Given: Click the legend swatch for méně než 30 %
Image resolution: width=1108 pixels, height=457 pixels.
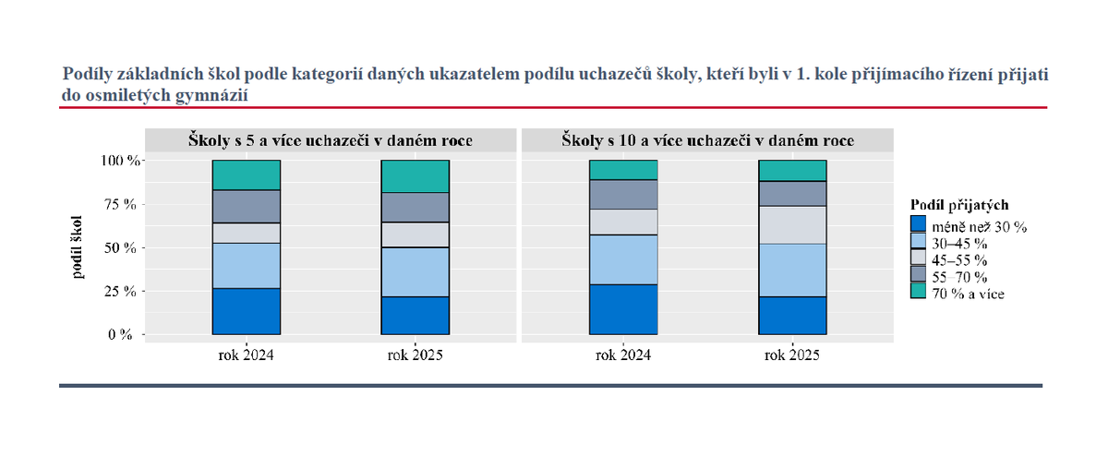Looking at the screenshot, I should [x=917, y=224].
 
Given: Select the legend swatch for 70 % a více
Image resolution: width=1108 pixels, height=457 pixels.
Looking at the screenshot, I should [x=917, y=292].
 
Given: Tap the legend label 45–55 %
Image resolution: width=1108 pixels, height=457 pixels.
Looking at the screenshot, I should [x=959, y=259].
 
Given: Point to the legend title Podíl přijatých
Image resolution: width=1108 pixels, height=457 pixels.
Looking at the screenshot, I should [x=958, y=204].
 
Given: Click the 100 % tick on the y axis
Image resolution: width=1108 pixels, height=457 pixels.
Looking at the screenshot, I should [x=120, y=161].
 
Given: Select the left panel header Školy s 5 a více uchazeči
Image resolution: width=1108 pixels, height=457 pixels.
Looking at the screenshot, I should [x=331, y=140].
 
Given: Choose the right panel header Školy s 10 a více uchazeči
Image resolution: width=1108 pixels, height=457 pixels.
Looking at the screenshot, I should [x=707, y=140].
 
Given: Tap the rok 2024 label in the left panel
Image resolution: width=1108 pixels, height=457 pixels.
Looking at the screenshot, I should [x=246, y=355].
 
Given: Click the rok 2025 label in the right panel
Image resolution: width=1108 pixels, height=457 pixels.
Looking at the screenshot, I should [x=791, y=355].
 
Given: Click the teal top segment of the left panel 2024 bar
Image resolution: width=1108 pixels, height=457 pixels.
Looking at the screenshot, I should [x=246, y=175].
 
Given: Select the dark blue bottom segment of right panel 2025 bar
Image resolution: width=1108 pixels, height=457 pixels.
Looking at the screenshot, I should [x=791, y=315].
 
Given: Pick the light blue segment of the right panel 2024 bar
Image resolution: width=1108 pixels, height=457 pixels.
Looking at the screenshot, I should [x=623, y=259].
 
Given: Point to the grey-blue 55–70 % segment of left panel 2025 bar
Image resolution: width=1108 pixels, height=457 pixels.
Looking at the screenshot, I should [x=415, y=208].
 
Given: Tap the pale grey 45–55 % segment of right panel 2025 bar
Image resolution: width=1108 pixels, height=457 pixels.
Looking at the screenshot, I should [x=791, y=224].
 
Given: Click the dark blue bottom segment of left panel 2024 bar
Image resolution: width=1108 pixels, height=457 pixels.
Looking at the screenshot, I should [x=246, y=311].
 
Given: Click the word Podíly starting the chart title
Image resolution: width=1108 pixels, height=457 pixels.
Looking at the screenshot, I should [x=88, y=73].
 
